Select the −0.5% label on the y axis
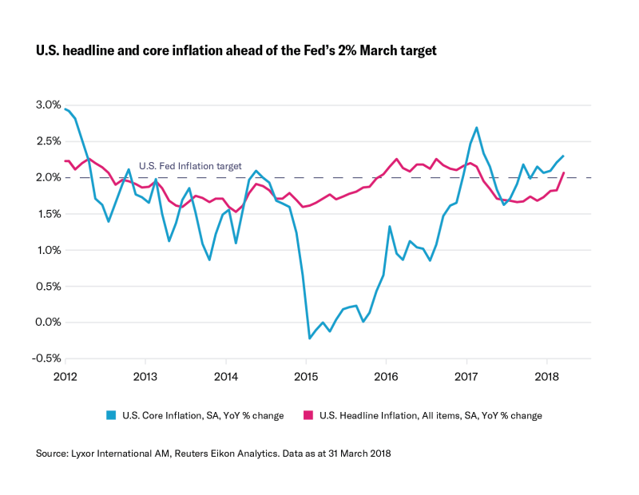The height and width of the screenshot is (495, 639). tap(47, 358)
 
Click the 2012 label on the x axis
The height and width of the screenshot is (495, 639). tap(65, 375)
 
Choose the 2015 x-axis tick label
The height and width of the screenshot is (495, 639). tap(306, 375)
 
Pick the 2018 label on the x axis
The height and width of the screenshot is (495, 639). tap(546, 375)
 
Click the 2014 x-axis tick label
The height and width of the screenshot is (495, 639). tap(226, 375)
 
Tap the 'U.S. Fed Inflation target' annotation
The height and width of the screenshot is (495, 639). tap(190, 166)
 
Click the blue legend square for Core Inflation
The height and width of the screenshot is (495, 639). tap(113, 415)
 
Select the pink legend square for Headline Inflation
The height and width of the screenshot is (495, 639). tap(309, 415)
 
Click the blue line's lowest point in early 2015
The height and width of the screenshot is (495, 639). tap(310, 339)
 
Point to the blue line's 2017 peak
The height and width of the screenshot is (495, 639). tap(476, 128)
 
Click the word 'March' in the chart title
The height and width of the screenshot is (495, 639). tap(361, 50)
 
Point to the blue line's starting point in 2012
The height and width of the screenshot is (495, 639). tap(65, 109)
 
